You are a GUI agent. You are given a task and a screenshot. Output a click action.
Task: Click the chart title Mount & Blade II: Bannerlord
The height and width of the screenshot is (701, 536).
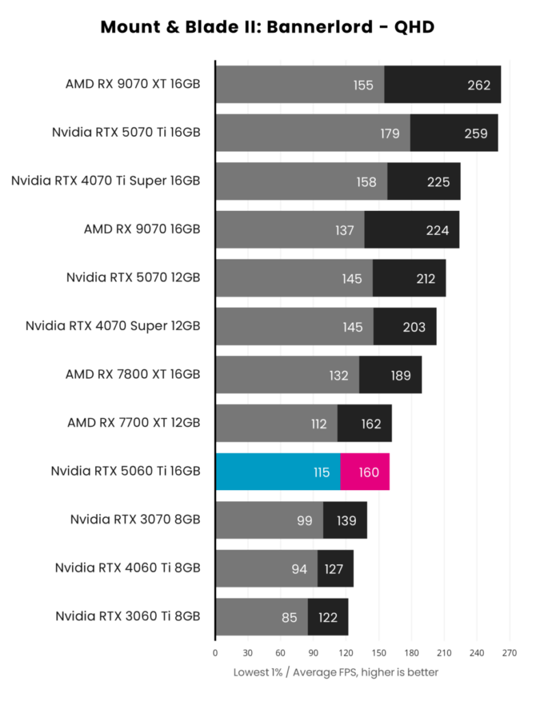[x=268, y=27]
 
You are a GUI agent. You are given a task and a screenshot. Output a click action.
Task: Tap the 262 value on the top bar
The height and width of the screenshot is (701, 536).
[x=478, y=85]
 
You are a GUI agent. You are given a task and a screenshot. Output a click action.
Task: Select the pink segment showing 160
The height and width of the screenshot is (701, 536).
[x=365, y=472]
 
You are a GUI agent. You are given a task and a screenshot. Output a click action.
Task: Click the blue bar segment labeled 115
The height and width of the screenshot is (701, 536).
[x=278, y=472]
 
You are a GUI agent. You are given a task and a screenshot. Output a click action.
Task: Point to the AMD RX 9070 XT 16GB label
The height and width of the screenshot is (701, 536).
[x=133, y=85]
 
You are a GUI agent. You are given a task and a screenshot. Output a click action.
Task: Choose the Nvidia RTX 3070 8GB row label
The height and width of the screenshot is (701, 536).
[x=135, y=520]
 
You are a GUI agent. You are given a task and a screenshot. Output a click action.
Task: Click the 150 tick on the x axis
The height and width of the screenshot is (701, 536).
[x=379, y=653]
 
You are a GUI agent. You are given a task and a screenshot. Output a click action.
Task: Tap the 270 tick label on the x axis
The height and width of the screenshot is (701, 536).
[x=509, y=653]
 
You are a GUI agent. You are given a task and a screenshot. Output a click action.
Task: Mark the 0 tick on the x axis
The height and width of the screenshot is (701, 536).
[x=216, y=653]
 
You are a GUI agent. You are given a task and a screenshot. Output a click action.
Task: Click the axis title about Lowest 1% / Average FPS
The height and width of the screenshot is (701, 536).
[x=335, y=672]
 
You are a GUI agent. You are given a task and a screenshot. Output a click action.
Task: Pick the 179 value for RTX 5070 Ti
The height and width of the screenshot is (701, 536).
[x=390, y=133]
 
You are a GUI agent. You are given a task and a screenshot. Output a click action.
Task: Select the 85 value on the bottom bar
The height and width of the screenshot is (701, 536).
[x=289, y=617]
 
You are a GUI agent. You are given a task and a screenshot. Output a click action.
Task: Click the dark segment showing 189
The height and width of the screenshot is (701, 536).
[x=391, y=375]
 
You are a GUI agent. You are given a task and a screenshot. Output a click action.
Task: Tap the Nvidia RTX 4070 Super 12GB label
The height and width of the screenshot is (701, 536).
[x=113, y=327]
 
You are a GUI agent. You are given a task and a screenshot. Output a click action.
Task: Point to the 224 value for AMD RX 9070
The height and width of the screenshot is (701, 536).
[x=437, y=230]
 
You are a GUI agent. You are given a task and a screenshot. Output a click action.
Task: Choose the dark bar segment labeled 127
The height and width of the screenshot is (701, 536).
[x=335, y=569]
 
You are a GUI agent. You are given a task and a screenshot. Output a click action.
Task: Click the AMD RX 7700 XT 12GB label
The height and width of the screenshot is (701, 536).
[x=133, y=423]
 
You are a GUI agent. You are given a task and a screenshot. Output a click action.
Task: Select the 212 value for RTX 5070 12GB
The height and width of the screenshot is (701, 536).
[x=424, y=279]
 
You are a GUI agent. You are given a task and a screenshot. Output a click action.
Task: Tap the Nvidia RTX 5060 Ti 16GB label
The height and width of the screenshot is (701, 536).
[x=125, y=472]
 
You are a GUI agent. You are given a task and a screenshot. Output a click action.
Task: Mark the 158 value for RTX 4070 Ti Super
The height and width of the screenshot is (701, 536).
[x=366, y=181]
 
